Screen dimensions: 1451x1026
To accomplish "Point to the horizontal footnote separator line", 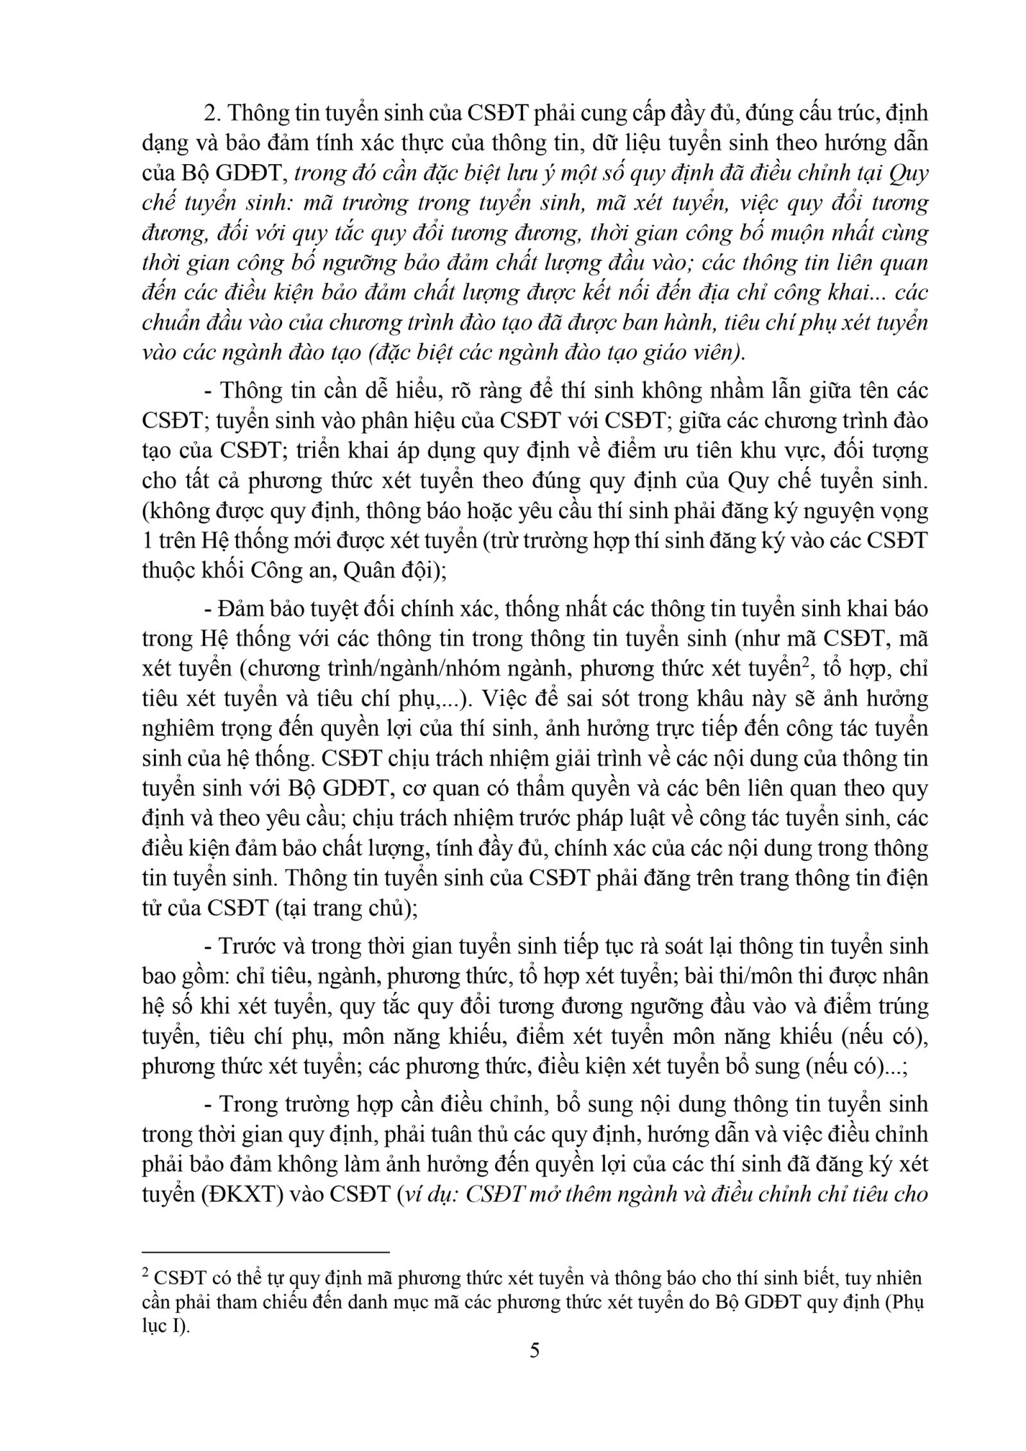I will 265,1250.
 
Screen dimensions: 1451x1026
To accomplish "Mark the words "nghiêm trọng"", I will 199,729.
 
